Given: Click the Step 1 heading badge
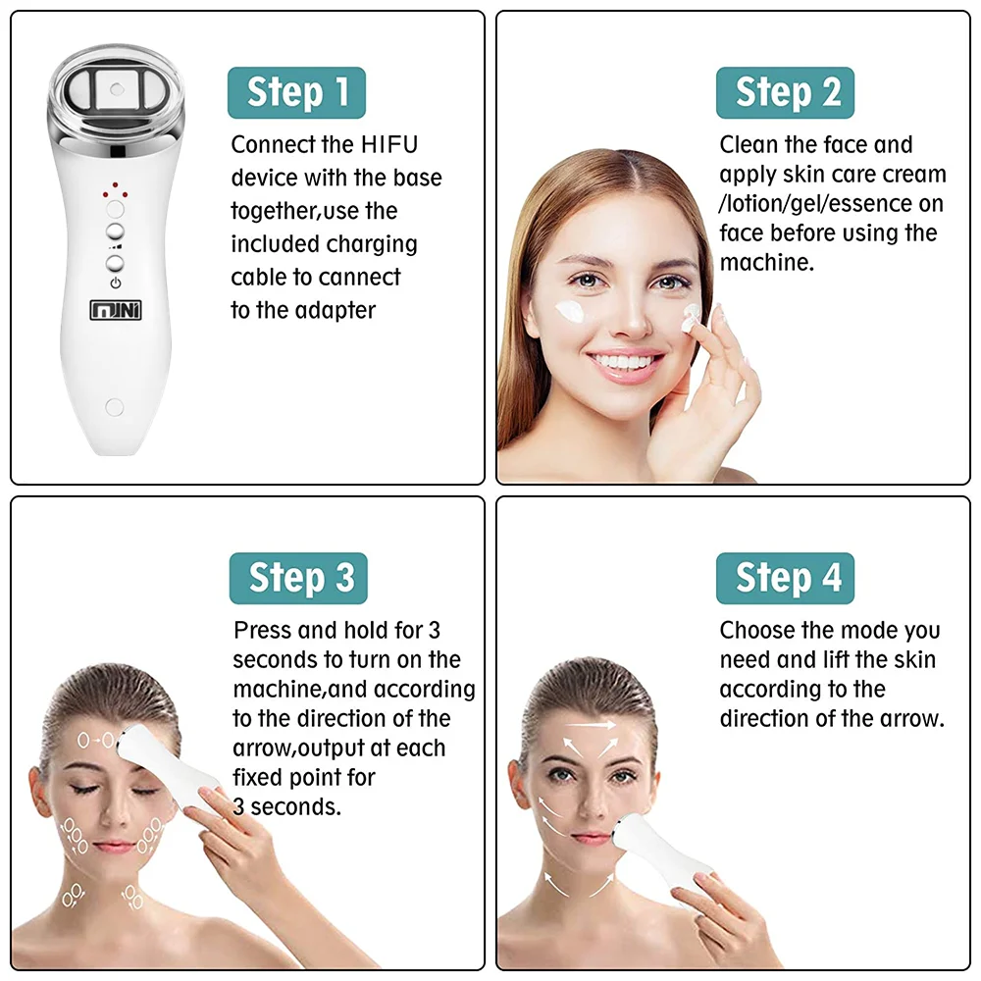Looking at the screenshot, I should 296,93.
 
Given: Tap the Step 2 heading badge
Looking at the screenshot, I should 785,93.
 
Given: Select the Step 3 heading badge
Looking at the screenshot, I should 298,579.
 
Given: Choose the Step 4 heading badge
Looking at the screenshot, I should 785,579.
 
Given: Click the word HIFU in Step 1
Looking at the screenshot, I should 388,145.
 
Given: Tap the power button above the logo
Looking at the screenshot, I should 116,263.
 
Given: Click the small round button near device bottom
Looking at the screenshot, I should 114,404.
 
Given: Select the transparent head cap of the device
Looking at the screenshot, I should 118,92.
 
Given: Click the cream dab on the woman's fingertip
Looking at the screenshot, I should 693,314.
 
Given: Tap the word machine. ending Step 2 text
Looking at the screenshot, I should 767,263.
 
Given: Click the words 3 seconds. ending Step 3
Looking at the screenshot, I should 287,807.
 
